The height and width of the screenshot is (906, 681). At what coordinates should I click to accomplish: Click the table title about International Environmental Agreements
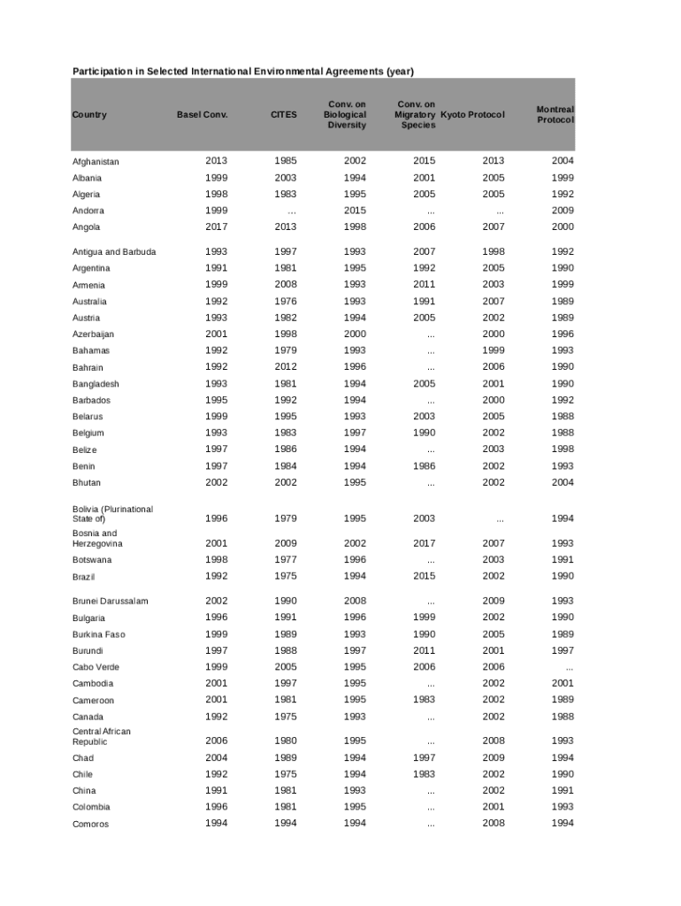point(242,71)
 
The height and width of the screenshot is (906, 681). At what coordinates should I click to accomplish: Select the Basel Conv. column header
point(202,115)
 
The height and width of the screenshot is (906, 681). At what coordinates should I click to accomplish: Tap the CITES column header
point(284,115)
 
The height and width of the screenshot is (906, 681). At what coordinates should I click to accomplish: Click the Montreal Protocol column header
point(555,114)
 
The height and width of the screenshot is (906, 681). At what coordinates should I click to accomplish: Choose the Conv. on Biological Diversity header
point(345,115)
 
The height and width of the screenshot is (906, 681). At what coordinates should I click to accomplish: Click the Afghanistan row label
point(96,162)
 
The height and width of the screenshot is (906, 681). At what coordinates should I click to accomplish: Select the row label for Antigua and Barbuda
point(114,252)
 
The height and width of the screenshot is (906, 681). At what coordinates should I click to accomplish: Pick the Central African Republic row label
point(102,736)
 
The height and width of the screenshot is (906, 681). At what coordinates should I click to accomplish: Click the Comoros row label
point(90,824)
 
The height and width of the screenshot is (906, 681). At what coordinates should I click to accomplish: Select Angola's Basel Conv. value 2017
point(216,227)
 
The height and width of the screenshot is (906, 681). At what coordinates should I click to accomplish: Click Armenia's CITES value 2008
point(286,285)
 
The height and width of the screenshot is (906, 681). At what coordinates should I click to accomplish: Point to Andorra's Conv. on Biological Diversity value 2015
point(355,211)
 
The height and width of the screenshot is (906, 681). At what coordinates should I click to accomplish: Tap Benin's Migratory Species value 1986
point(424,466)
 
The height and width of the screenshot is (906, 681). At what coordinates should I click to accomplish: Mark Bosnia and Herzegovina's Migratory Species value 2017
point(424,543)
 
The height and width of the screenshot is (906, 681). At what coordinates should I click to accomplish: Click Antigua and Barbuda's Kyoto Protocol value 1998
point(494,252)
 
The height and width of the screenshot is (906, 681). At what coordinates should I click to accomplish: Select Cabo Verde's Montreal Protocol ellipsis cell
point(568,667)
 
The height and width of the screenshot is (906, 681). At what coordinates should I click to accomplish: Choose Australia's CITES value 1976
point(286,302)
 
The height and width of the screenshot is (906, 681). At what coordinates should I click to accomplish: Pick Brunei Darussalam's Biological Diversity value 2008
point(355,601)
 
